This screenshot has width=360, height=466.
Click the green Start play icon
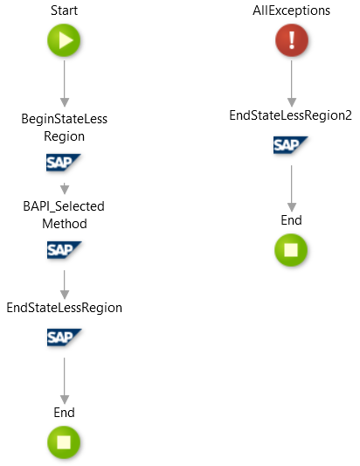64,40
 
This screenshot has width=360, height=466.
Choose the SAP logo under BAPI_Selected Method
64,250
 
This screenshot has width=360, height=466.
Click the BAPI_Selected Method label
64,214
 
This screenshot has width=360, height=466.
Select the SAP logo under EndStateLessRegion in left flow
64,337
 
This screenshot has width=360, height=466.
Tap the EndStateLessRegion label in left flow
64,308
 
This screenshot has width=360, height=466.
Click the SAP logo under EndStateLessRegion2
290,145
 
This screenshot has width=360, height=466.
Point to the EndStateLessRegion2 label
290,115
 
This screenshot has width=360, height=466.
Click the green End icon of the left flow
64,442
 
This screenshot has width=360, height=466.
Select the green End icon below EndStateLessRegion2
290,251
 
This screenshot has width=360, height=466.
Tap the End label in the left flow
64,412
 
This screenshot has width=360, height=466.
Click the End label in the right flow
291,220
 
